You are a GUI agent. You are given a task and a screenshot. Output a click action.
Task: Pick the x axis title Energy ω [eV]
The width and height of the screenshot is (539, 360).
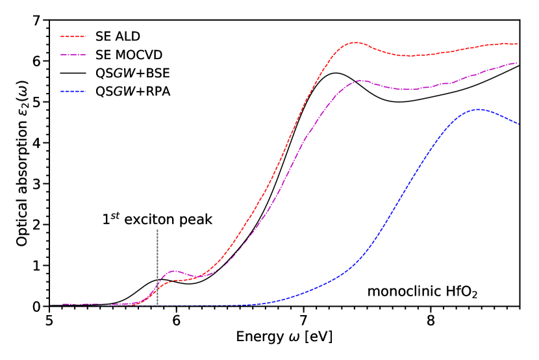284,338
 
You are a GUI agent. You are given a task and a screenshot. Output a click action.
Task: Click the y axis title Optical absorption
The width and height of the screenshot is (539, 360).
23,163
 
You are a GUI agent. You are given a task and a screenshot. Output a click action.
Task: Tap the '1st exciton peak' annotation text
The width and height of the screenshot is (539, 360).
157,220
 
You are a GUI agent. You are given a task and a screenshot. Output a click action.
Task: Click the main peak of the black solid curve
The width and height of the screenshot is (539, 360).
335,73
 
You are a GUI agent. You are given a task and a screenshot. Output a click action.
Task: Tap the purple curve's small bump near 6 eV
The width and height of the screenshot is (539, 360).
174,271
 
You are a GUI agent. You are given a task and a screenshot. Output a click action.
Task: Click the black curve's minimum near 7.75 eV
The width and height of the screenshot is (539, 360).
399,101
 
